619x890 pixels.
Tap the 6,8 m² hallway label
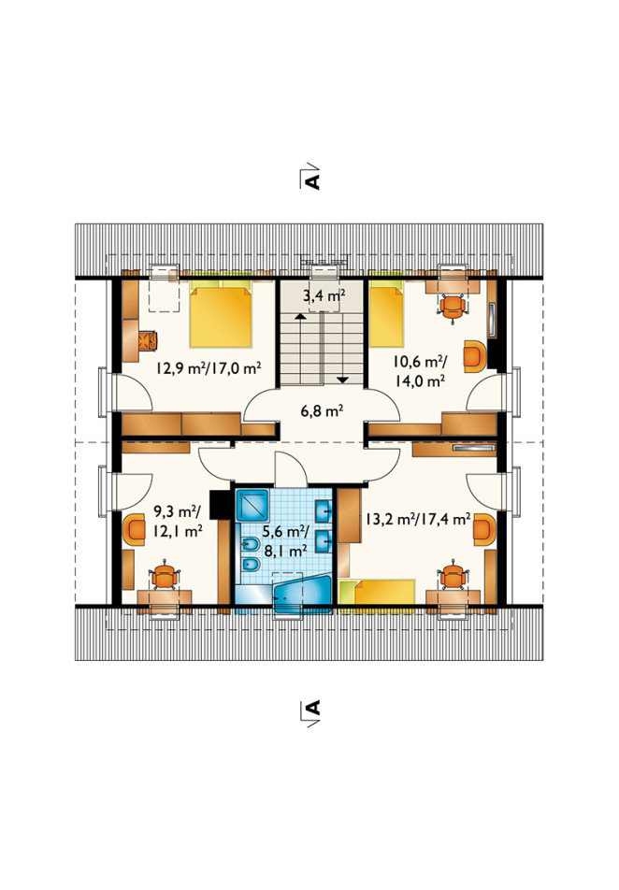click(x=322, y=410)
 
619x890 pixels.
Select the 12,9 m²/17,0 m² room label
click(x=209, y=368)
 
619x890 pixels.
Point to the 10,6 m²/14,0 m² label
click(x=420, y=370)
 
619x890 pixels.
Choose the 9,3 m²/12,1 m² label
click(x=179, y=522)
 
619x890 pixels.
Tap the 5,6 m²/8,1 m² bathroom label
click(x=285, y=540)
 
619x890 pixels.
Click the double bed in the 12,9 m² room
click(x=221, y=316)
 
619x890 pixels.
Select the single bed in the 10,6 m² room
click(x=387, y=316)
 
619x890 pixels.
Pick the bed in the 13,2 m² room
click(x=377, y=593)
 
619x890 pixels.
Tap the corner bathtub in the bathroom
click(x=302, y=594)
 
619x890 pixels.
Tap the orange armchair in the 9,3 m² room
click(x=137, y=529)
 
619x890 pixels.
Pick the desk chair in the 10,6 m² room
click(x=453, y=308)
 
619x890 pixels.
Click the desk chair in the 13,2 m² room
click(x=453, y=576)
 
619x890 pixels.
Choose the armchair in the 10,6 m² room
click(x=475, y=356)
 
